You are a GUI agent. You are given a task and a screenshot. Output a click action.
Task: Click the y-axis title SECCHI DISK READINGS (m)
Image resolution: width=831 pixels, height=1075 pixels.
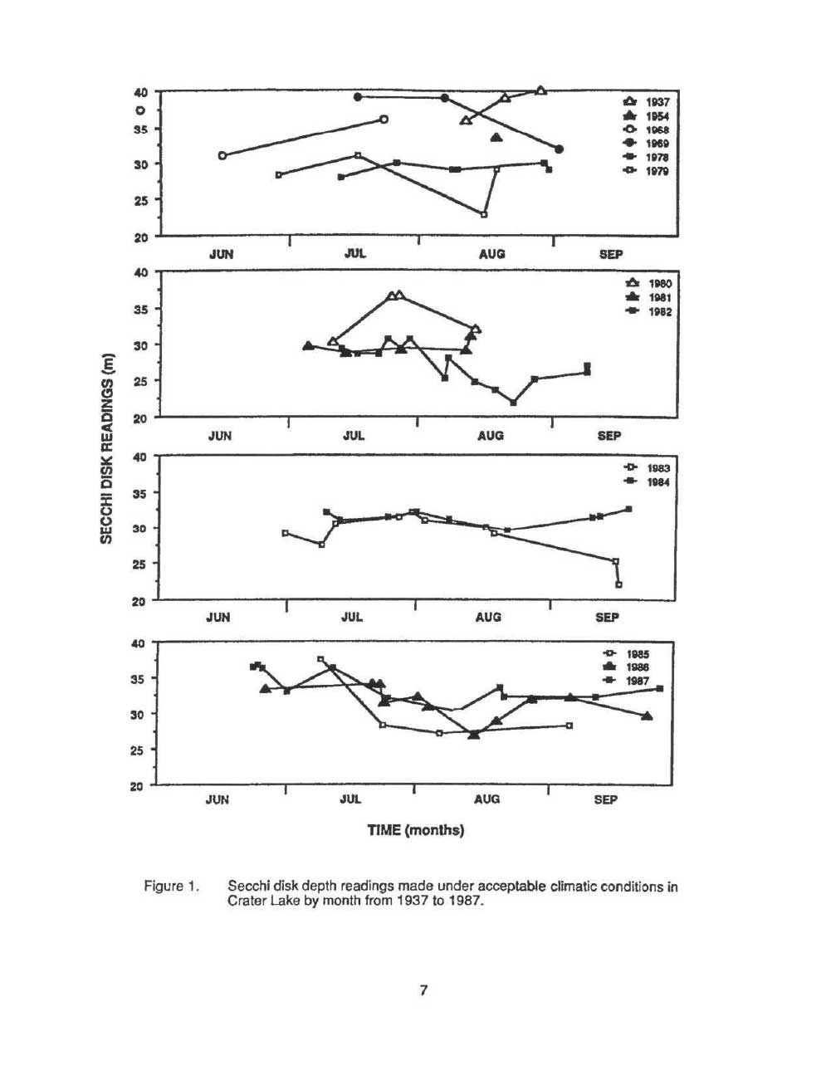pos(106,448)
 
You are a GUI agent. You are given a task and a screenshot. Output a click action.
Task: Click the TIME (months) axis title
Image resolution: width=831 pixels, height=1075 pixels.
pos(416,830)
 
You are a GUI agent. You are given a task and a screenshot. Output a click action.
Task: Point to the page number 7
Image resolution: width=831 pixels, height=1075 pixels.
pos(423,989)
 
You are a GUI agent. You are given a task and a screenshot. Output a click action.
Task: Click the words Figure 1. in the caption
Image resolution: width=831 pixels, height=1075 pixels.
pos(172,887)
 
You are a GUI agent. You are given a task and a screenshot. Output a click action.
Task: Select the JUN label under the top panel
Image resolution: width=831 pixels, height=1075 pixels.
pos(221,254)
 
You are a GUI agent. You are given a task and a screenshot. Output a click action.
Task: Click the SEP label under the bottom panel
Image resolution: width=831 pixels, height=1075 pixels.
pos(606,799)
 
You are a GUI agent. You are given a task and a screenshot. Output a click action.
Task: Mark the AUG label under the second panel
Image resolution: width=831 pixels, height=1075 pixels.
pos(491,435)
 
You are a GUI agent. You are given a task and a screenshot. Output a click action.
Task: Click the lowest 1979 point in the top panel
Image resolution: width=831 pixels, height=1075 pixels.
pos(484,214)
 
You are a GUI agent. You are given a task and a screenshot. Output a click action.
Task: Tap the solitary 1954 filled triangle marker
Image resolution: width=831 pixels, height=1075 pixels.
pos(496,137)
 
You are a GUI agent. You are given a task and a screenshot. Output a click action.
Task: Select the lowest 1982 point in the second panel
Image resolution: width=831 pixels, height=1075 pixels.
pos(513,403)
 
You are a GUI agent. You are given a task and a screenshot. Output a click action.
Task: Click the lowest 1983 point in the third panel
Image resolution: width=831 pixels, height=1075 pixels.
pos(618,584)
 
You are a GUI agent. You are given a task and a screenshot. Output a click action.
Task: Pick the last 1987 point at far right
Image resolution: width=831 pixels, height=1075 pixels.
pos(659,688)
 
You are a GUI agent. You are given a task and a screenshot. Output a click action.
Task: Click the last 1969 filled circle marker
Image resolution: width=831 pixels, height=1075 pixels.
pos(559,149)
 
